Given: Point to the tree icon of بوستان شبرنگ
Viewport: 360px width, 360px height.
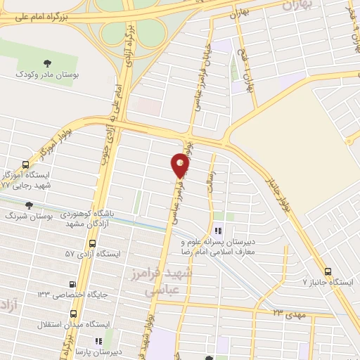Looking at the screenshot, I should point(29,205).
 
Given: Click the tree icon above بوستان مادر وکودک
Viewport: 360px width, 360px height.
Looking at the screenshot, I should point(46,63).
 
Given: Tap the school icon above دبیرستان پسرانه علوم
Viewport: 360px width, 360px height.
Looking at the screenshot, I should point(219,230).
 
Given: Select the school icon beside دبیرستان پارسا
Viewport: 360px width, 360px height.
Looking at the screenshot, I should point(108,341).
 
